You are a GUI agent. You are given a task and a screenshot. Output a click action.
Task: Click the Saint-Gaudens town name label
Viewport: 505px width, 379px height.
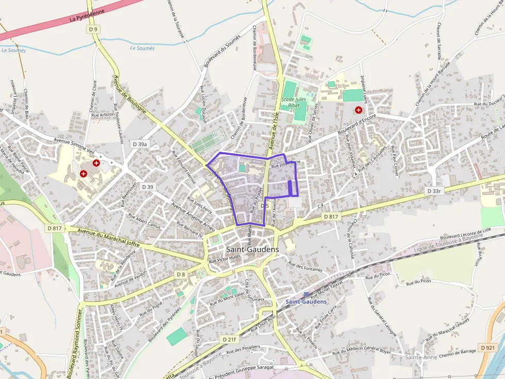(252, 249)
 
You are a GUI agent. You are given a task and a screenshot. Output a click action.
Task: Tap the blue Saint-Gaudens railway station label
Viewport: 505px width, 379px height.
(306, 301)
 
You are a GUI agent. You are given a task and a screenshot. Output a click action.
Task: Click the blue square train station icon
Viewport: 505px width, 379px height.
(306, 295)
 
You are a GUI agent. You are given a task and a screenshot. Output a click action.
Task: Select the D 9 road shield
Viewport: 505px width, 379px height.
(93, 29)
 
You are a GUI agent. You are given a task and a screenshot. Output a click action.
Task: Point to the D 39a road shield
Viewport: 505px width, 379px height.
(140, 145)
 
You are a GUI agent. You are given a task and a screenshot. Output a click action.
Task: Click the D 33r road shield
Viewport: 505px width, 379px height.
(434, 191)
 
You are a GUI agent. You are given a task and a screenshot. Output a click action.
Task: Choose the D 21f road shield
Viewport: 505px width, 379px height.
(230, 340)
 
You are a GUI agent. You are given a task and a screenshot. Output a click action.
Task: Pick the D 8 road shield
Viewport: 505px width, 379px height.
(180, 275)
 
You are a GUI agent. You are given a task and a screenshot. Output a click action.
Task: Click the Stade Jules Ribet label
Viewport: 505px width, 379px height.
(294, 102)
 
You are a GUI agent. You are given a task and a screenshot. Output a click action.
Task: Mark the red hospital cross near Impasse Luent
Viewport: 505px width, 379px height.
(358, 110)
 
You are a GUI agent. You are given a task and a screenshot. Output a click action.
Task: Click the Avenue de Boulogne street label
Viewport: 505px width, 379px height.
(129, 95)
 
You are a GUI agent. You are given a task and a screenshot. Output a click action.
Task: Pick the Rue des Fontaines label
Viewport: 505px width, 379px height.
(306, 266)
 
